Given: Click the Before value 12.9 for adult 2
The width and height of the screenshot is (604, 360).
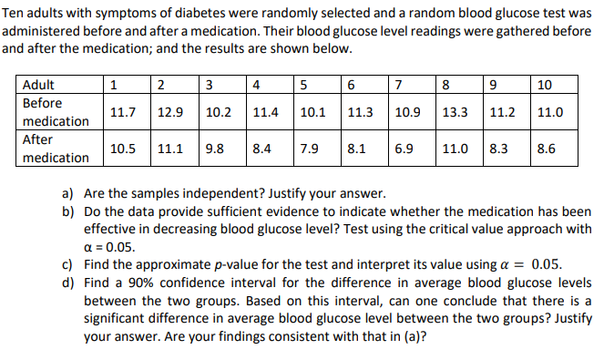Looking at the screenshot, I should click(x=170, y=113).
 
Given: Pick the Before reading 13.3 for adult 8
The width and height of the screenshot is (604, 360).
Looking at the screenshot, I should click(x=456, y=113).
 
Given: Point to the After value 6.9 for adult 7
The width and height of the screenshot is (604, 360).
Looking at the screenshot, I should click(x=406, y=148).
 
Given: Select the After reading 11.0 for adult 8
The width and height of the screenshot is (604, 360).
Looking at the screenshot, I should click(x=456, y=148).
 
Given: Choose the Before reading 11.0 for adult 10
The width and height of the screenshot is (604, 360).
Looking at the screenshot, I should click(x=550, y=113).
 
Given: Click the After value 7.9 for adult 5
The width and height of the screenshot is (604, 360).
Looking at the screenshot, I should click(x=312, y=148).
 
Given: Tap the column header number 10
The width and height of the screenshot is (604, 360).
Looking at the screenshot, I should click(x=545, y=86).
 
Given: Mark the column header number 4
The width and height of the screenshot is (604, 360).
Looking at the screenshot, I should click(x=259, y=86).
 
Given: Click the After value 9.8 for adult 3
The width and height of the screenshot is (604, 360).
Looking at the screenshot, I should click(x=215, y=148).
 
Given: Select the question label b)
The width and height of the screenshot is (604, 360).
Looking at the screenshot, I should click(x=68, y=211).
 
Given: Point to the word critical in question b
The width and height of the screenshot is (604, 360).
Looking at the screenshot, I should click(x=415, y=229).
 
